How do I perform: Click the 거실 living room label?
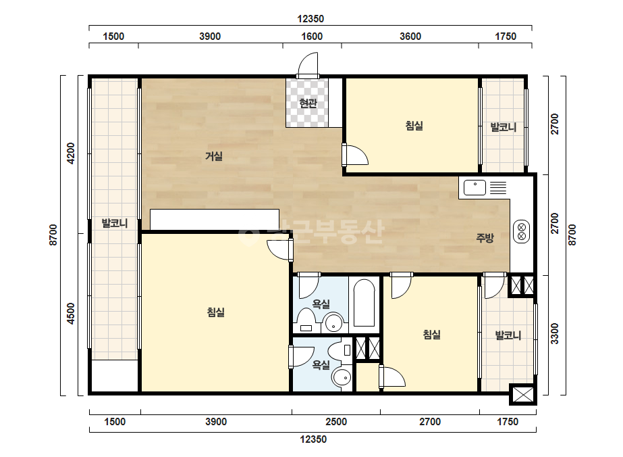click(x=214, y=156)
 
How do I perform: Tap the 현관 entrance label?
click(x=308, y=103)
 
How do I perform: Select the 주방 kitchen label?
click(x=485, y=238)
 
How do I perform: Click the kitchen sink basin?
click(x=475, y=187)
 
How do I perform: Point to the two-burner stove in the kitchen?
click(x=522, y=232)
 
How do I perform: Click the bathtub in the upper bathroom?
click(x=364, y=303)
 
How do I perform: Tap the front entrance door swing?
click(x=308, y=64)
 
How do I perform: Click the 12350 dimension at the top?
click(x=310, y=19)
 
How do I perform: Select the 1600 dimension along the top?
click(x=312, y=37)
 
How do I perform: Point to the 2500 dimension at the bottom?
click(x=336, y=422)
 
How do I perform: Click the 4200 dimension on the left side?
click(x=71, y=153)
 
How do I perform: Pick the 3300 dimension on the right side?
click(x=555, y=333)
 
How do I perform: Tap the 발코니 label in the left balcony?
click(x=115, y=223)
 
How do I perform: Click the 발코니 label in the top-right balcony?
click(x=504, y=127)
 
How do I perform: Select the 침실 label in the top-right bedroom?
click(x=414, y=126)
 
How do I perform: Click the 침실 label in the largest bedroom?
click(x=216, y=312)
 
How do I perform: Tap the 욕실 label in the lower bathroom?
click(x=321, y=364)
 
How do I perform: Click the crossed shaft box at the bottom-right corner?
click(x=523, y=395)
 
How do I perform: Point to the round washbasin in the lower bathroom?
click(x=342, y=377)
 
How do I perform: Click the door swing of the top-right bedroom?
click(x=355, y=155)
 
